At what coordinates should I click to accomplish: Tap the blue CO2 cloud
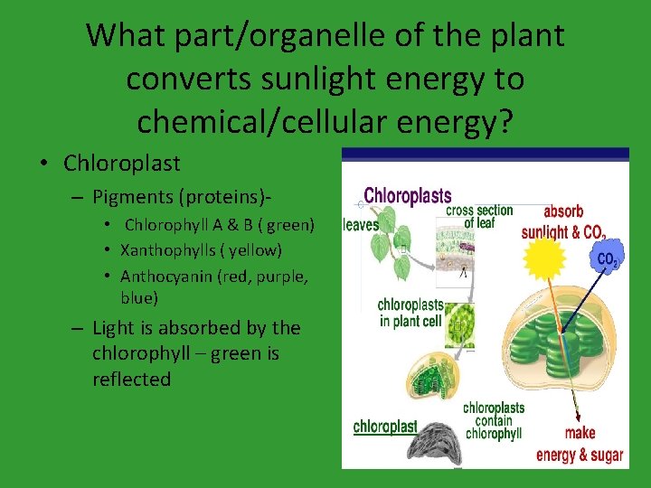coord(607,259)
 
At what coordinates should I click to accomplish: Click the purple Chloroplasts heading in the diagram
coord(407,196)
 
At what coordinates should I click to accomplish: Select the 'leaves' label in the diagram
coord(361,225)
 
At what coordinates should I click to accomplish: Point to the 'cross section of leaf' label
coord(479,217)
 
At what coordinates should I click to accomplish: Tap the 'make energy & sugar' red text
coord(580,445)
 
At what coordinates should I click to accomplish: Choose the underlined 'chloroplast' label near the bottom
coord(385,427)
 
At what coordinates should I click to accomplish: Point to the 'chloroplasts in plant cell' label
coord(411,312)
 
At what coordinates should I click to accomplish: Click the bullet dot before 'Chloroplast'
coord(43,164)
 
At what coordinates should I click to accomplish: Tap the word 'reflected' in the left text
coord(131,380)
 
